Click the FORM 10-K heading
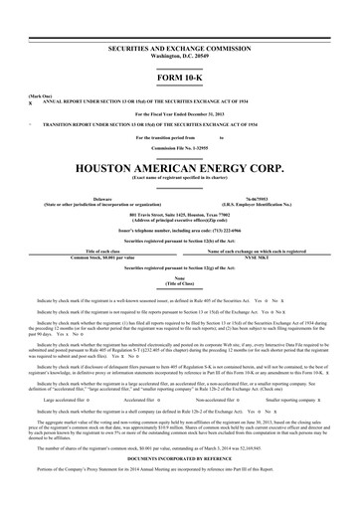[x=180, y=77]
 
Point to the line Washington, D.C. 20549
[x=180, y=56]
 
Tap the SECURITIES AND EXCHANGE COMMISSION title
[x=180, y=49]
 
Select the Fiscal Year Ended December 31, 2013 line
[x=180, y=114]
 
